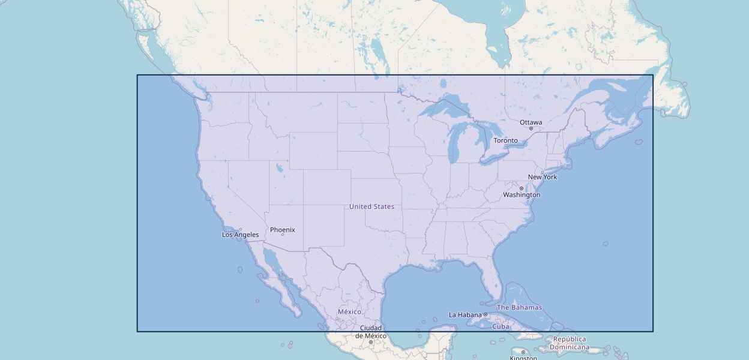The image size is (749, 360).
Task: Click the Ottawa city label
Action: coord(531,122)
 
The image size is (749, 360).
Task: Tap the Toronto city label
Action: coord(505,140)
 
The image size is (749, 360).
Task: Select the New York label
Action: coord(543,177)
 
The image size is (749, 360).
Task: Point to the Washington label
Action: coord(522,195)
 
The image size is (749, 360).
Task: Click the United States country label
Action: coord(371,206)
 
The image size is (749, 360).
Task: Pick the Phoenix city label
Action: coord(282,230)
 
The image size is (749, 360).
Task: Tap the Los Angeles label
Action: coord(240,235)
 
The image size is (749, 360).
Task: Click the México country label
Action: coord(349,312)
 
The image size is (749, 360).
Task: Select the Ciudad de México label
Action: coord(370,332)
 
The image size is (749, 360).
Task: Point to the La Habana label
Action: coord(465,315)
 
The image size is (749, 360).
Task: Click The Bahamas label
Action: coord(519,307)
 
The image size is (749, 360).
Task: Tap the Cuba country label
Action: coord(501,327)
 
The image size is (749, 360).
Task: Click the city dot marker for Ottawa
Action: coord(531,128)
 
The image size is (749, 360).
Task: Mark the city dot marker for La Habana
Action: coord(486,315)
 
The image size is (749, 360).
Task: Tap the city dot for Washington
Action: coord(521,188)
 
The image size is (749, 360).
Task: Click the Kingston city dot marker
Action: coord(523,352)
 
